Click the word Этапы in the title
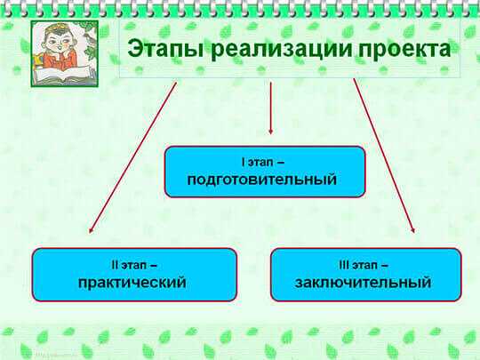click(165, 49)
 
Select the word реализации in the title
click(281, 48)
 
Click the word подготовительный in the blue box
click(261, 179)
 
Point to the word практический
click(132, 283)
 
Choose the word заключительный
click(363, 283)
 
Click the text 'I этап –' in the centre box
click(263, 163)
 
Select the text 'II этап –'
click(134, 265)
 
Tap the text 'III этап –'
click(364, 265)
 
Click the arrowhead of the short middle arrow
click(270, 132)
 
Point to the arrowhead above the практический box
click(91, 230)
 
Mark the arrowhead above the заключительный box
click(412, 230)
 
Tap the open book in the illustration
click(63, 75)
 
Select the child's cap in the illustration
click(57, 29)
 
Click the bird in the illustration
click(89, 37)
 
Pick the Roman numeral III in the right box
click(344, 265)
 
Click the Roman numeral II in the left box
click(115, 265)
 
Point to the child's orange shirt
click(59, 59)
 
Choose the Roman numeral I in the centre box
click(244, 162)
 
